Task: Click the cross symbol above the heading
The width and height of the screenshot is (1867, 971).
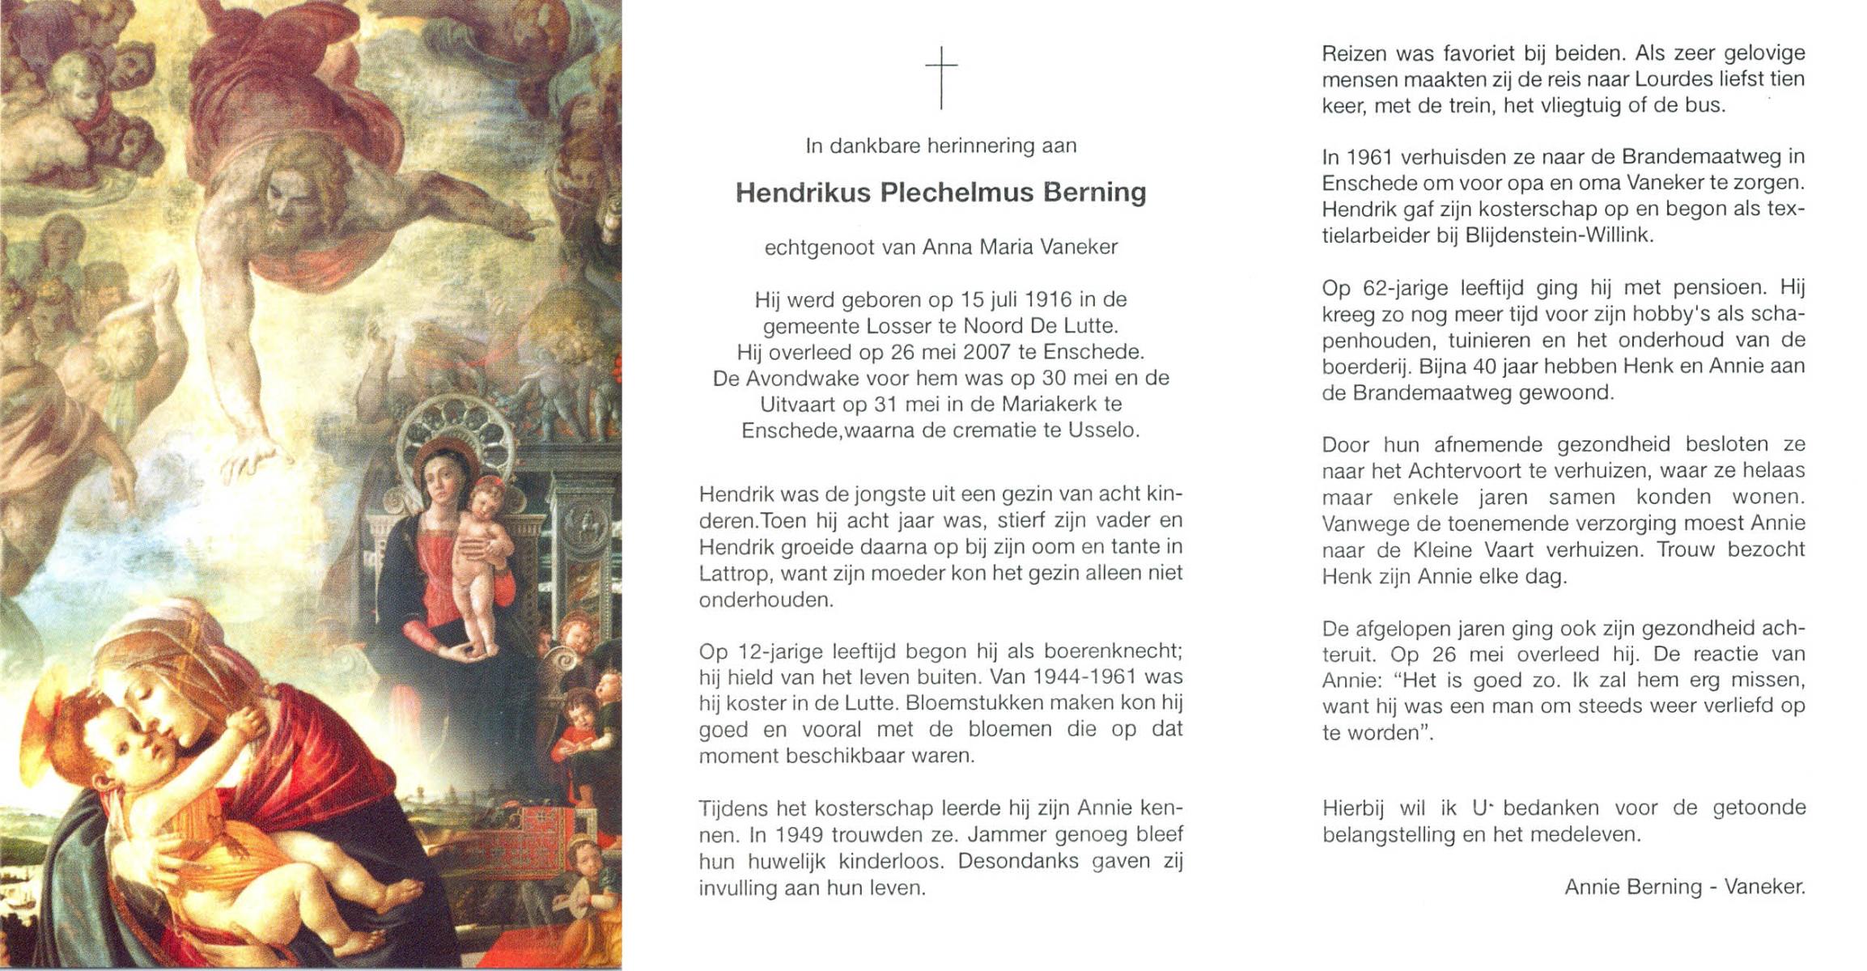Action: (941, 78)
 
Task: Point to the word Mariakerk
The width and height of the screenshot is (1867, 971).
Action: (1048, 405)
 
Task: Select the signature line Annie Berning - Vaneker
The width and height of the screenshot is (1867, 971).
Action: (1684, 888)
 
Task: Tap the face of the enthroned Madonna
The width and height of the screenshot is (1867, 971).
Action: (439, 479)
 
